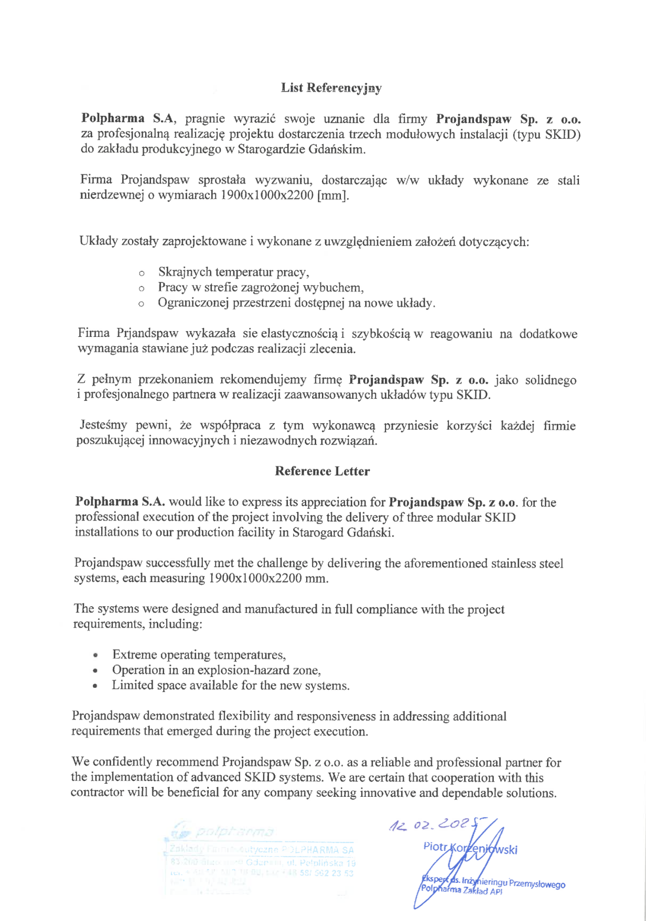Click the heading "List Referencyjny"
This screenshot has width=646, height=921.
(x=331, y=88)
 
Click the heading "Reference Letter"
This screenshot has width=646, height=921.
(x=322, y=471)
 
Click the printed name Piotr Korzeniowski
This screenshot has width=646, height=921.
(x=470, y=848)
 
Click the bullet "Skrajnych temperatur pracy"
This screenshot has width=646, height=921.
(x=233, y=272)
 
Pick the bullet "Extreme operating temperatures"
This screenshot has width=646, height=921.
(x=199, y=655)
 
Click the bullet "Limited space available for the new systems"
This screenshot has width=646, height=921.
(x=230, y=685)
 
